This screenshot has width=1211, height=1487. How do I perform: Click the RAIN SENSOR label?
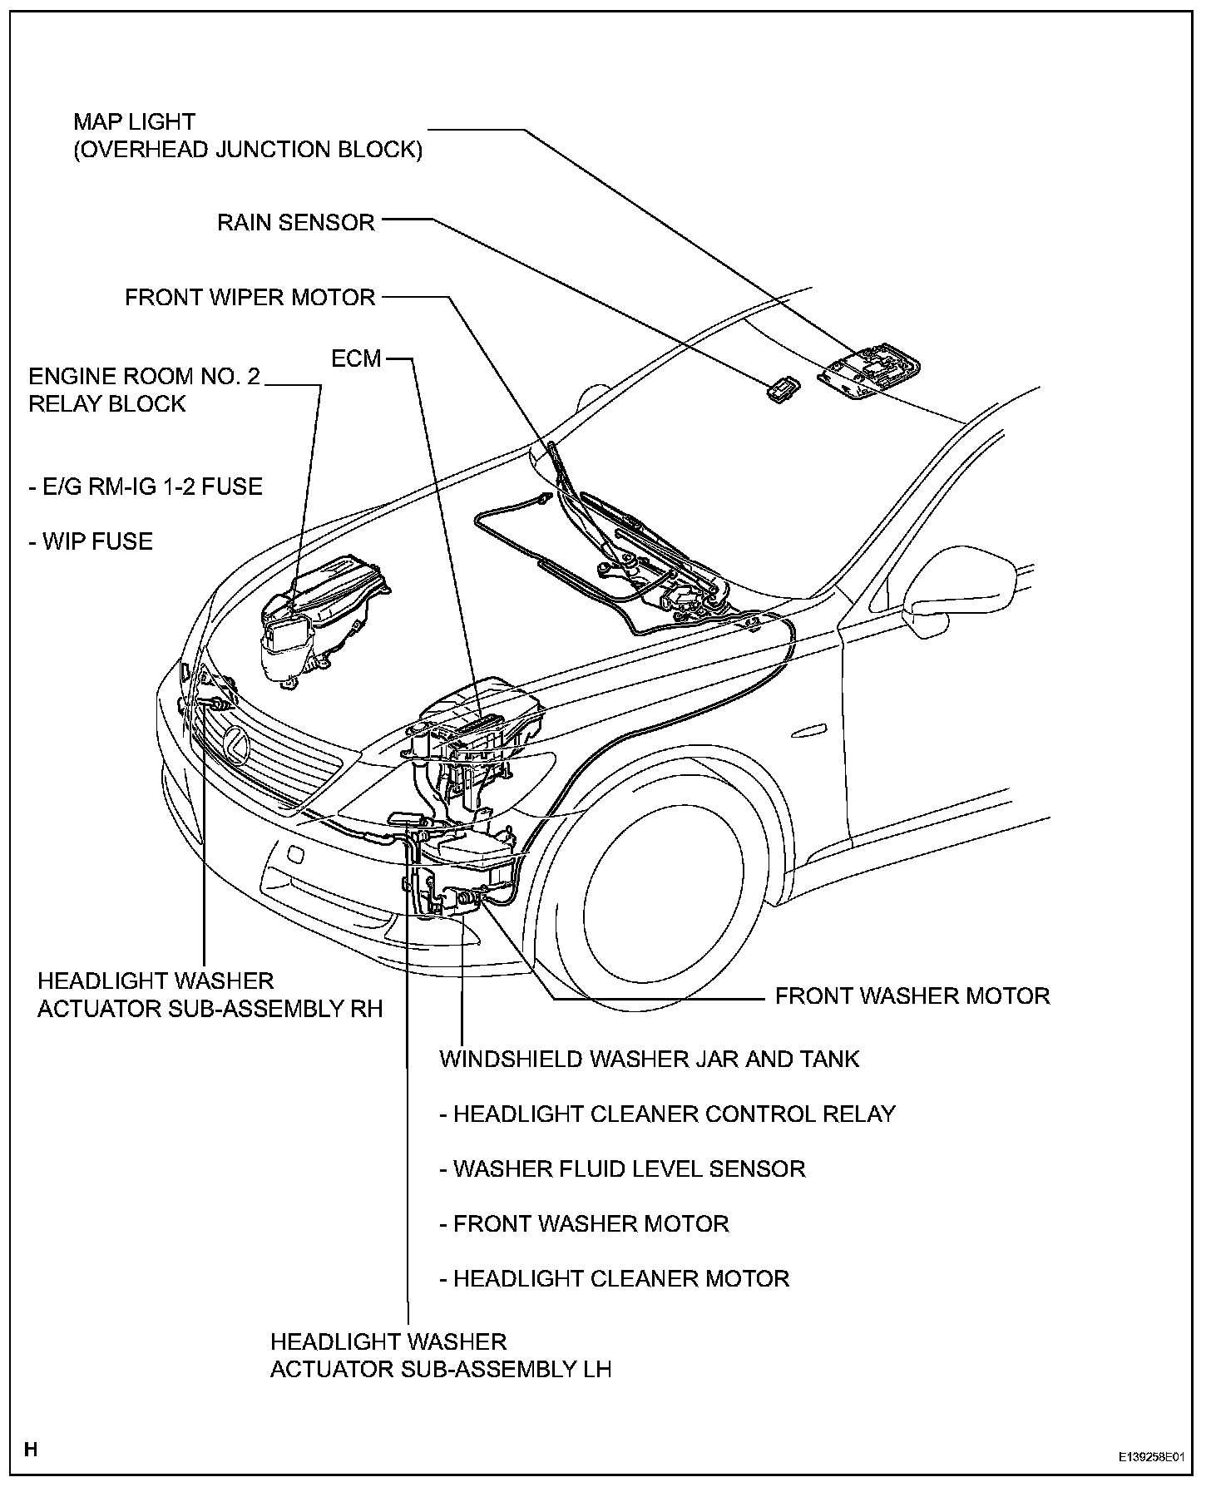(x=296, y=223)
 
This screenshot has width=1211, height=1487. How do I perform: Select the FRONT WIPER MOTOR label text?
(x=250, y=298)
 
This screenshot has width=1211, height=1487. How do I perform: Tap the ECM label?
(x=356, y=358)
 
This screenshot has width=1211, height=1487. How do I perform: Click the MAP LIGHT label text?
(x=134, y=122)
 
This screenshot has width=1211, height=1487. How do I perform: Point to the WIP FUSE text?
(x=91, y=541)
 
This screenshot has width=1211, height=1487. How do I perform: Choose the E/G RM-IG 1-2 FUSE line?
(x=146, y=487)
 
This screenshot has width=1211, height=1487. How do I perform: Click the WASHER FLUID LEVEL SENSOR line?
(x=622, y=1168)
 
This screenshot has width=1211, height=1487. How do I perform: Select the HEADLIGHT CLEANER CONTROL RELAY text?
(x=667, y=1114)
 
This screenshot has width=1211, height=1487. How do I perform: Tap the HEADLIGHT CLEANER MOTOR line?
(x=614, y=1278)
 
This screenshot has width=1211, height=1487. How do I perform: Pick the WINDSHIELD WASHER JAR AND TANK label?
(x=649, y=1059)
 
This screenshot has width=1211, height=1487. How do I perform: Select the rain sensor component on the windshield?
(x=783, y=388)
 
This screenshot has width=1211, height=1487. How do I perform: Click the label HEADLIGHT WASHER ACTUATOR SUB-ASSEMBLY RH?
(x=210, y=995)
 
